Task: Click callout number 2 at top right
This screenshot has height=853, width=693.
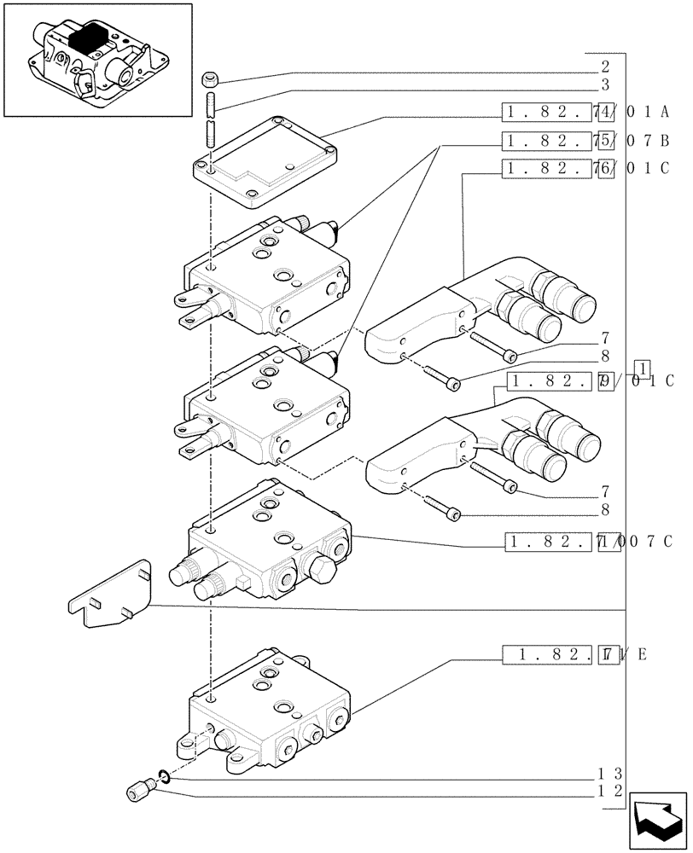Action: pyautogui.click(x=604, y=65)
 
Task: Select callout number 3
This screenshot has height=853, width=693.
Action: pyautogui.click(x=604, y=84)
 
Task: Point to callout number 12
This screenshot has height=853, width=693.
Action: pyautogui.click(x=603, y=792)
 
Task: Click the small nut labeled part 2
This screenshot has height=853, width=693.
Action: pyautogui.click(x=210, y=81)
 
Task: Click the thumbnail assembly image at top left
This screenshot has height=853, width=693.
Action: pyautogui.click(x=96, y=60)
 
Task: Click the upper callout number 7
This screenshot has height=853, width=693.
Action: pyautogui.click(x=604, y=338)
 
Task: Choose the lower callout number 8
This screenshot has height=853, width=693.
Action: pyautogui.click(x=604, y=510)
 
